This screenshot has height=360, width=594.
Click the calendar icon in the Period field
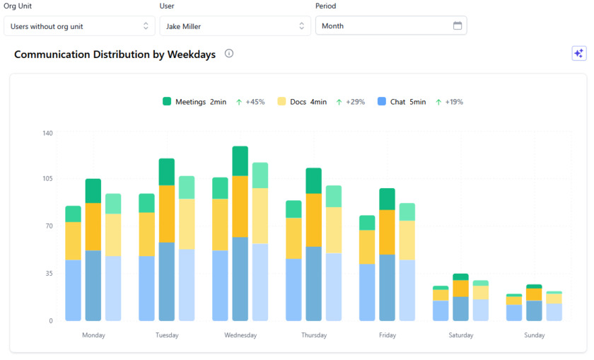point(458,26)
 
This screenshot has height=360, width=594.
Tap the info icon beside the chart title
point(229,54)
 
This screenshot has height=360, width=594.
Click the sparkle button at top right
point(579,54)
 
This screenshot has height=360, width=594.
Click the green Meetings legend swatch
point(168,102)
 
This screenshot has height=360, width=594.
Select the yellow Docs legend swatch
point(282,102)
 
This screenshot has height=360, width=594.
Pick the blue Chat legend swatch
point(382,102)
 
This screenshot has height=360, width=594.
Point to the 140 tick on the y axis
point(47,133)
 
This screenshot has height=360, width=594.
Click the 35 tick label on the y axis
point(49,273)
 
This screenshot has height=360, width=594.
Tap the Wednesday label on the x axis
point(240,335)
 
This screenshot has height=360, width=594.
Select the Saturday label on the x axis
point(461,335)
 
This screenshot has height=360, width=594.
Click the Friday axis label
point(388,335)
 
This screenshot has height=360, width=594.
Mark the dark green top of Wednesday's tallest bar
point(240,161)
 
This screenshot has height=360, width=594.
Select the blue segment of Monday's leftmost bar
point(74,290)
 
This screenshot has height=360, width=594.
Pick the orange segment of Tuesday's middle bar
point(167,214)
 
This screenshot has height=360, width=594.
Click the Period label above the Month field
point(325,6)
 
